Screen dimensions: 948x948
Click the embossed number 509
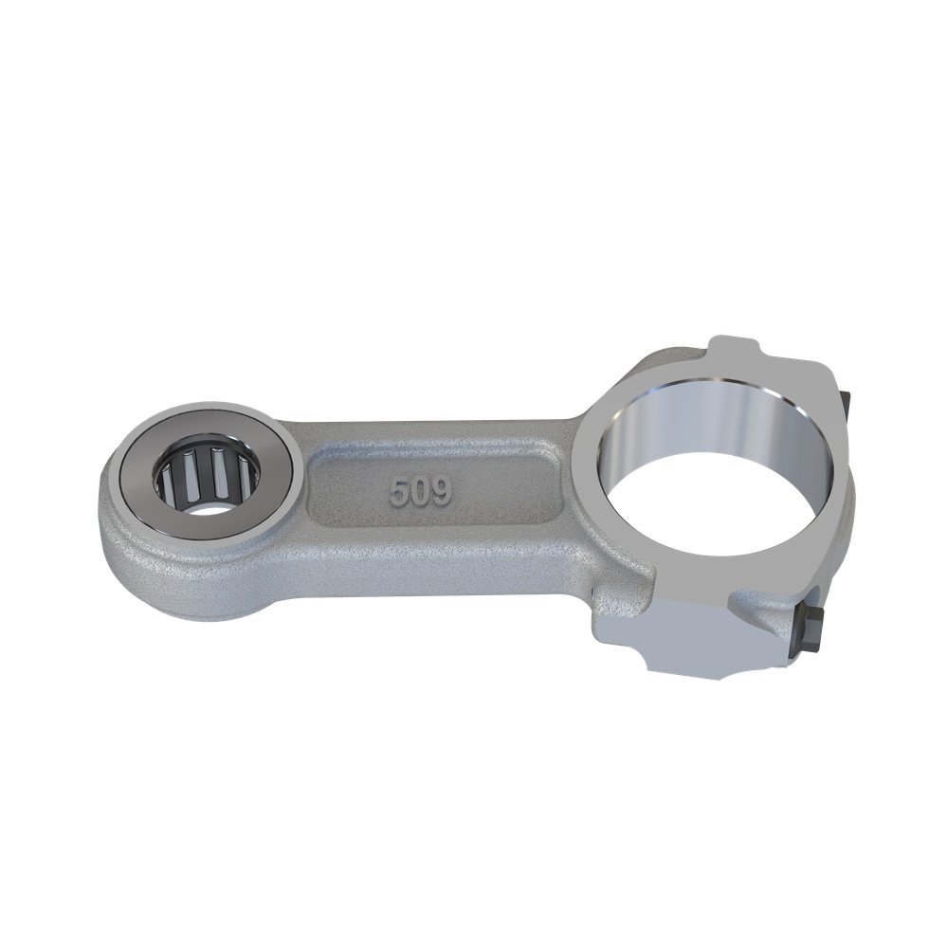click(x=421, y=492)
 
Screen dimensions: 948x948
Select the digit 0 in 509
click(x=420, y=492)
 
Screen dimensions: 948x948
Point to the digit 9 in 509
click(x=442, y=493)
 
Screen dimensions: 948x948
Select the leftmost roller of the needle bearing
click(x=167, y=478)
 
